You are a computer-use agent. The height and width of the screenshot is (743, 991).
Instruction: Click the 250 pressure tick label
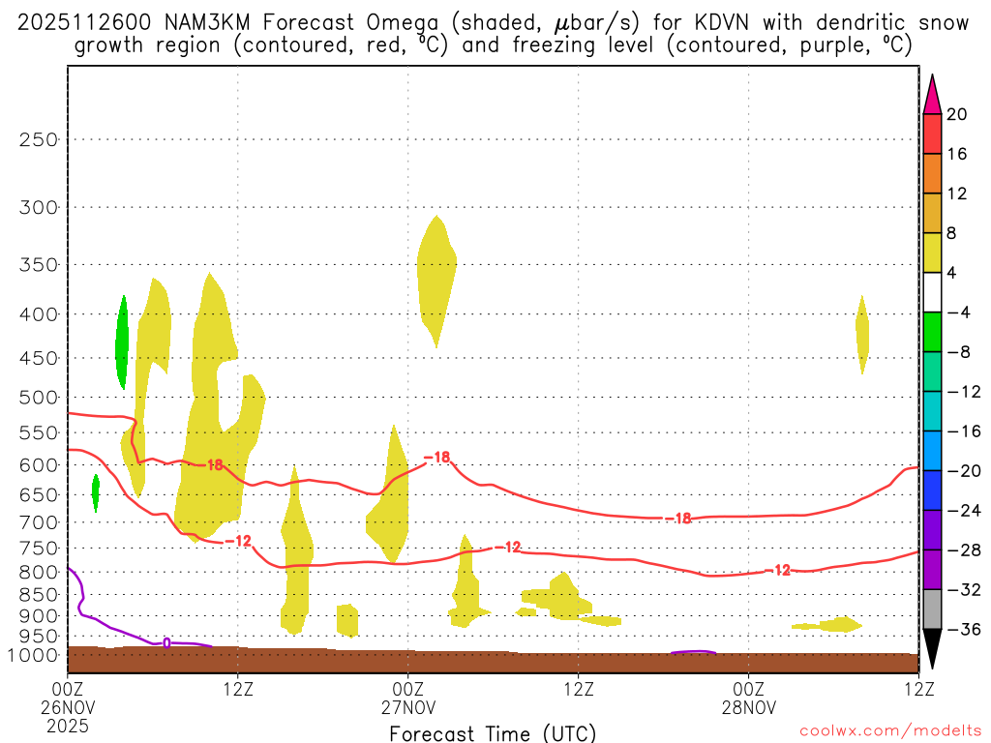[39, 139]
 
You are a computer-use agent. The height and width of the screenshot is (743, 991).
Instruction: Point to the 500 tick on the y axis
[39, 397]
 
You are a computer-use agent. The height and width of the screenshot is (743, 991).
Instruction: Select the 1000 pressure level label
[35, 655]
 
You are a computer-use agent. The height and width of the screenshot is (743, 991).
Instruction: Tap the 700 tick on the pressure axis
[39, 522]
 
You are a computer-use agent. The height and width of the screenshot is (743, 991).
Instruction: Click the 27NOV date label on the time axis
[407, 706]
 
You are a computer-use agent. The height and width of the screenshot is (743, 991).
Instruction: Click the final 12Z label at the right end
[917, 690]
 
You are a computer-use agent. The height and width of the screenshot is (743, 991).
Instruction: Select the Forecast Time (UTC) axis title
[493, 732]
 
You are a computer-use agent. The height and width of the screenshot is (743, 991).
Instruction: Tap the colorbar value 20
[957, 114]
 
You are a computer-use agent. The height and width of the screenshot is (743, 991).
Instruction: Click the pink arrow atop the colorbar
[932, 94]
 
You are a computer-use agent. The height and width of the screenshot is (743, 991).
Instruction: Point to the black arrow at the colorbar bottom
[932, 649]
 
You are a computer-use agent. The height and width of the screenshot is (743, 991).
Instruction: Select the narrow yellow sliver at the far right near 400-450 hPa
[861, 334]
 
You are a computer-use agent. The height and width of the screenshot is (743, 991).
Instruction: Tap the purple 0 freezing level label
[166, 642]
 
